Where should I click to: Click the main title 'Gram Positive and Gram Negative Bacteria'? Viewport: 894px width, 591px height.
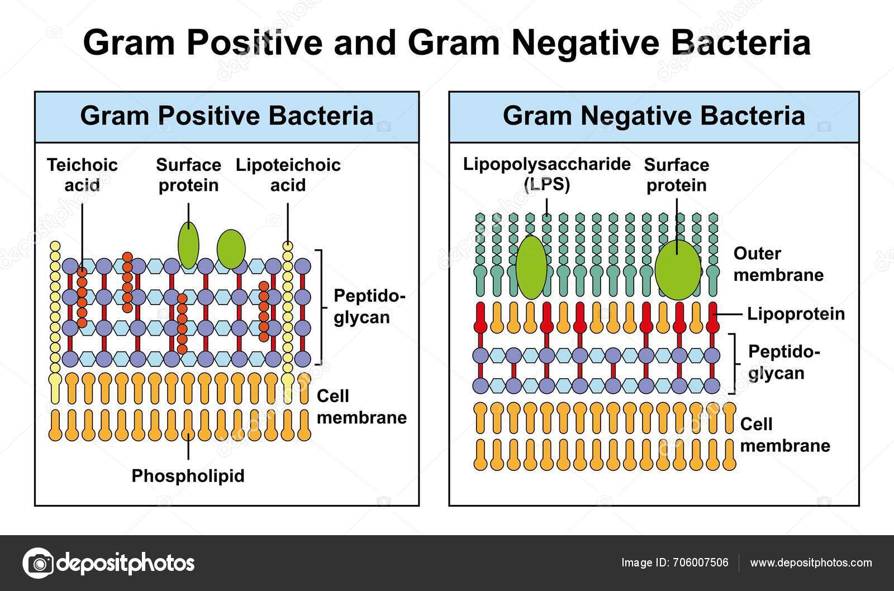coord(446,42)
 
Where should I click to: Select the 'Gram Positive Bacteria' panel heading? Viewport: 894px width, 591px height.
coord(227,116)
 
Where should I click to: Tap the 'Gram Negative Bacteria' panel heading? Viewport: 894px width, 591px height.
coord(654,116)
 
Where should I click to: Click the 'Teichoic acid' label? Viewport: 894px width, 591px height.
coord(82,175)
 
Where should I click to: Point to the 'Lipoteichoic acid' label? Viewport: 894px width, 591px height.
coord(288,175)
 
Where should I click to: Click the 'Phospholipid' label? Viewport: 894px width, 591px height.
coord(188,476)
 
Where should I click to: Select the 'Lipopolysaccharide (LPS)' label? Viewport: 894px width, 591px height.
coord(546,174)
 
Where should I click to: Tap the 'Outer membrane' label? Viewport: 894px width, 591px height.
coord(778,264)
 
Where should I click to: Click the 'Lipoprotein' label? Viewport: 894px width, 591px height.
coord(796,314)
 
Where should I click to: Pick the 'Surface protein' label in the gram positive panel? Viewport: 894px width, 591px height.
coord(188,175)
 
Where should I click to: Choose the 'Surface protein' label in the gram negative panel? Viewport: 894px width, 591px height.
coord(676,175)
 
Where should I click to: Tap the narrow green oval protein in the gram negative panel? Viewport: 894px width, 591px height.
coord(531,266)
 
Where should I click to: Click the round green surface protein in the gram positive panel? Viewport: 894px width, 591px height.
coord(231,249)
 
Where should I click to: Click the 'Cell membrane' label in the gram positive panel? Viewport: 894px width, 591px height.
coord(361,407)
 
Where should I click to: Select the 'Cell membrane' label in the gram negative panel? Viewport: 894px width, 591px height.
coord(784,435)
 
